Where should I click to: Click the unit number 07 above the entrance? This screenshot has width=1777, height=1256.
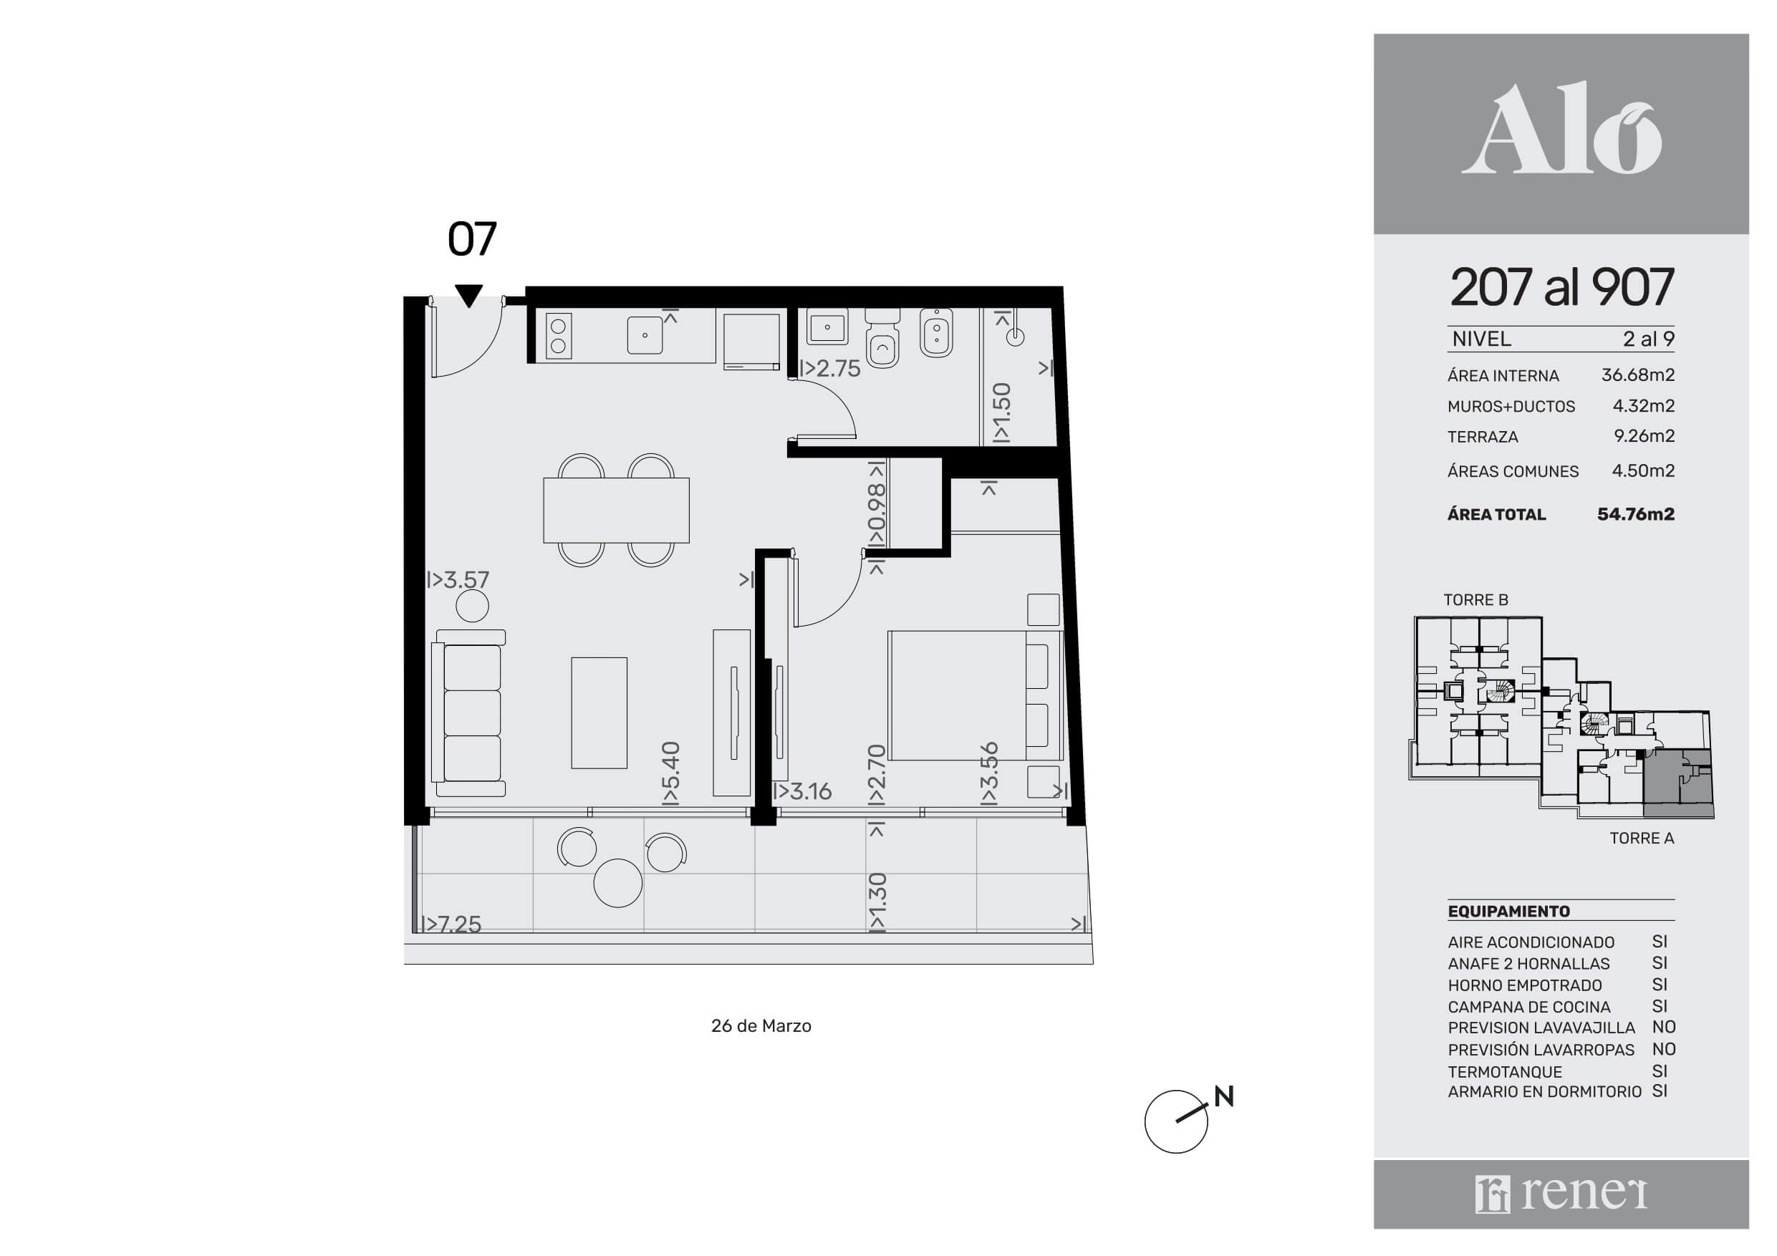471,239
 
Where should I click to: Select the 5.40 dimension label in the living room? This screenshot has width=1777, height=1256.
670,773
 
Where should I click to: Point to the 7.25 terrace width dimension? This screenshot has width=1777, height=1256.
451,924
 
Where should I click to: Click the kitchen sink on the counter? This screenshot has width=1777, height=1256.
645,335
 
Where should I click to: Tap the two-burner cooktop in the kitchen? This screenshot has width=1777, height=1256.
559,336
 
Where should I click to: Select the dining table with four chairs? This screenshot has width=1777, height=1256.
616,510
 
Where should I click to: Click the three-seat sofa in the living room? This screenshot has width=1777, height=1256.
471,712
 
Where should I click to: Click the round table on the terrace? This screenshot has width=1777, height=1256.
617,883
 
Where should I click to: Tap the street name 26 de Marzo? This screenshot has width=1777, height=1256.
761,1026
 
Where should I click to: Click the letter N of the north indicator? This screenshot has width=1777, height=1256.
1223,1096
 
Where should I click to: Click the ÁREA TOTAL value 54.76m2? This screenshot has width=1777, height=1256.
1635,514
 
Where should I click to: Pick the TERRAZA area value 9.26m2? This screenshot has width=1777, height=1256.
1644,435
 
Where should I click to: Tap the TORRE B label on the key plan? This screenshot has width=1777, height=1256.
1475,600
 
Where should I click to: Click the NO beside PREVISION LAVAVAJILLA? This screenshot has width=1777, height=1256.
1663,1027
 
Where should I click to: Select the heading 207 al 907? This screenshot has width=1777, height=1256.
1562,287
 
